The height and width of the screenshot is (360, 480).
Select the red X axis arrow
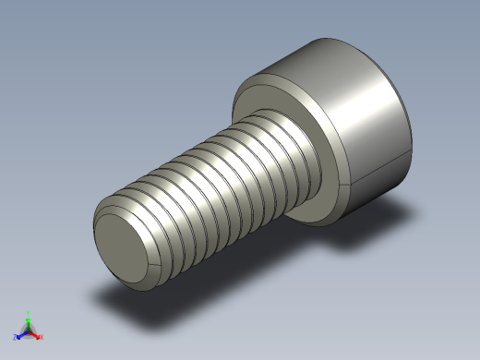click(x=35, y=335)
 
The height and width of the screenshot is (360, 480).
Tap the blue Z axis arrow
click(x=21, y=335)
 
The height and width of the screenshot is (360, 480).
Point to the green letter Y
click(x=28, y=314)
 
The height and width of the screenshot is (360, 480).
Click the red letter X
click(x=41, y=338)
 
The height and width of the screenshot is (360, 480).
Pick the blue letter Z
click(x=16, y=338)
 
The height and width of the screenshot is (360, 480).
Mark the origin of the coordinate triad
click(x=28, y=331)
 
